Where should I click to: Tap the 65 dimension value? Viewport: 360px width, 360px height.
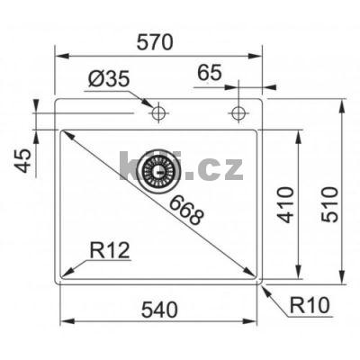[209, 72]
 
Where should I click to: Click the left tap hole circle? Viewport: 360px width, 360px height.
[158, 112]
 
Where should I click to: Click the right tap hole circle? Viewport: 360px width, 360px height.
[238, 112]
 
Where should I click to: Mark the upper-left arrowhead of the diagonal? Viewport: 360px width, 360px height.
[64, 134]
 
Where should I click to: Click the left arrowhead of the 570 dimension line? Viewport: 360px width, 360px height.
[58, 57]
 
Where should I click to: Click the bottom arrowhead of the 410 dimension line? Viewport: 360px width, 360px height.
[296, 277]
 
